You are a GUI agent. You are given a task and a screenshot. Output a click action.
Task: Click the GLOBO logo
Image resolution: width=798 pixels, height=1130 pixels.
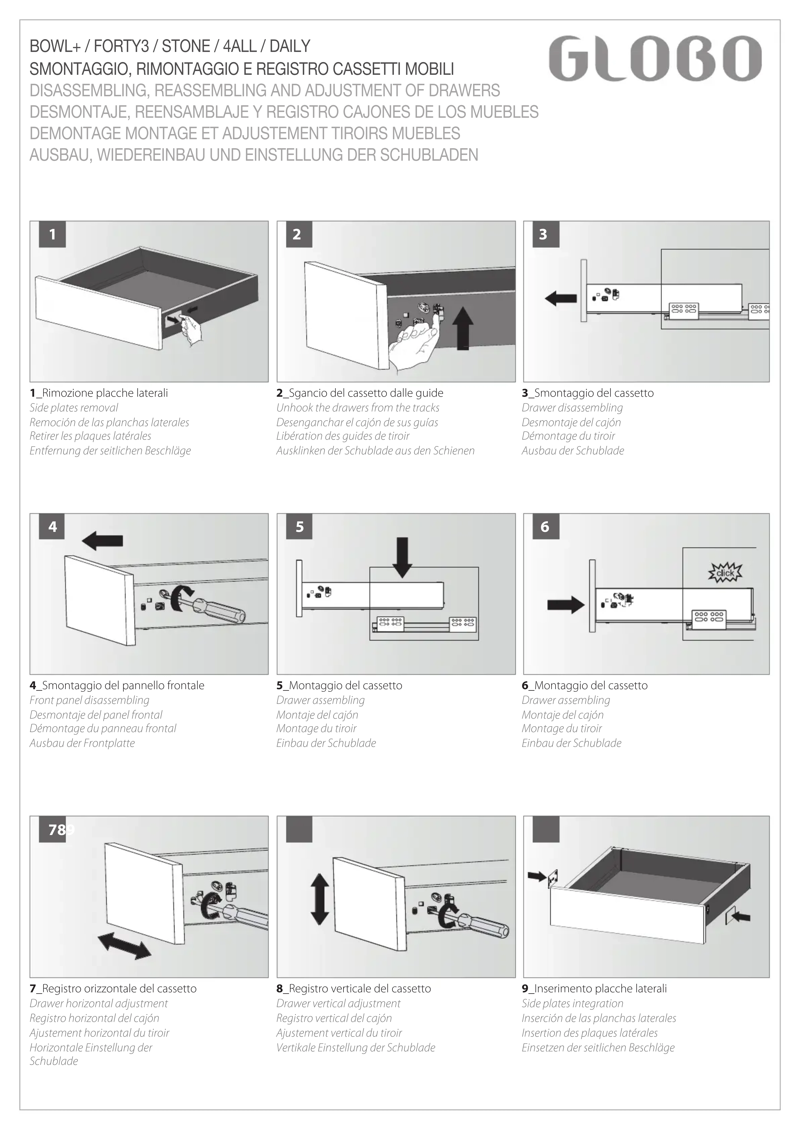tap(655, 58)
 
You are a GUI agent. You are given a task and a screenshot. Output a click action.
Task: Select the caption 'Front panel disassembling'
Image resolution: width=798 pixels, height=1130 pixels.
tap(89, 700)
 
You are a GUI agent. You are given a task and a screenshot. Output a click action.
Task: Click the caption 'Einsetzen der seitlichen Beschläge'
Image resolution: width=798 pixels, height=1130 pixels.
tap(598, 1048)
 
